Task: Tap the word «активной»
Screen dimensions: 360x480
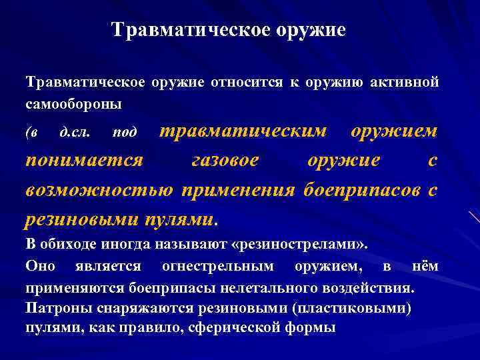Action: coord(406,83)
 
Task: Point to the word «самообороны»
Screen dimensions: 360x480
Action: coord(73,105)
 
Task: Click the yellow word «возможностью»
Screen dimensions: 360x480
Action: coord(99,190)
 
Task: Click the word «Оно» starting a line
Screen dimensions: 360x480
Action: coord(41,266)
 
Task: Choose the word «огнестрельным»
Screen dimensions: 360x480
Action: coord(217,266)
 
